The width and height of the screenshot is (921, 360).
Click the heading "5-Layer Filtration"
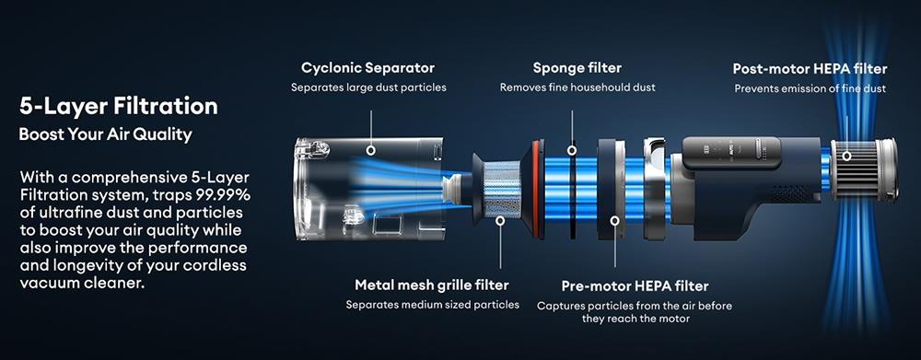tap(118, 106)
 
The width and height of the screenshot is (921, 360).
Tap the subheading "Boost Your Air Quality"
tap(105, 134)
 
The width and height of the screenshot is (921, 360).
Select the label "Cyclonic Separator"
tap(367, 68)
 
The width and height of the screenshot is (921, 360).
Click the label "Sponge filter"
tap(577, 68)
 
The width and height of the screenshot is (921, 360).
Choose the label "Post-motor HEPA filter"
tap(810, 69)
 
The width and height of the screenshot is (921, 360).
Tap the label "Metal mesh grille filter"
tap(432, 285)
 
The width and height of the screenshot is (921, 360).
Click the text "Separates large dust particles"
tap(368, 88)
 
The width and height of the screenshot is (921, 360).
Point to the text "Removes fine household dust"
tap(577, 88)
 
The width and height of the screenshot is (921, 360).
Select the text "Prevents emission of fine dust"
tap(810, 89)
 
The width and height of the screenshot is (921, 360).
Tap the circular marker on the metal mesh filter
tap(500, 220)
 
